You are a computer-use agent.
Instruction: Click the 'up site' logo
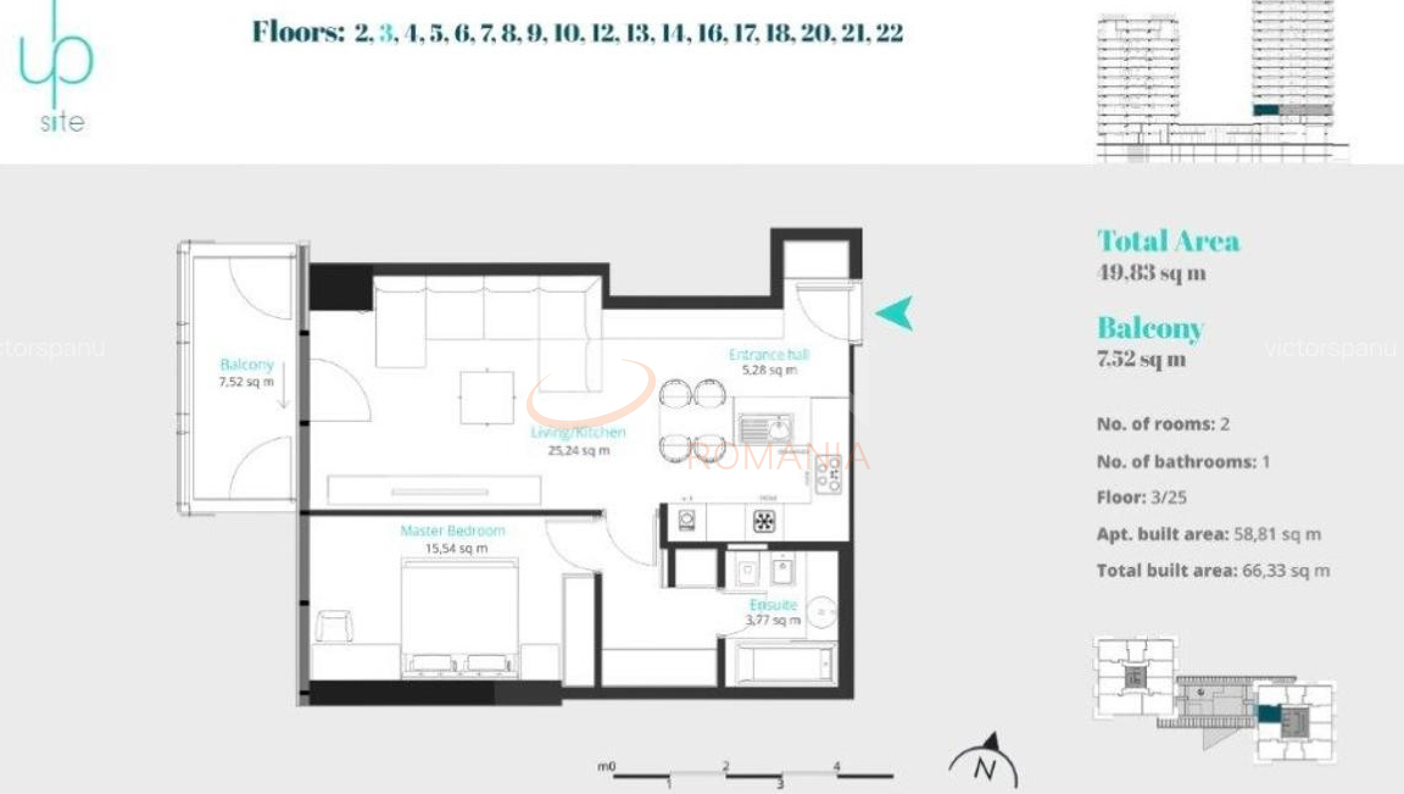(x=57, y=70)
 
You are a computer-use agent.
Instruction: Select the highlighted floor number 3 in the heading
(x=386, y=32)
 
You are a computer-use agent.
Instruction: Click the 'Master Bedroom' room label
(x=452, y=531)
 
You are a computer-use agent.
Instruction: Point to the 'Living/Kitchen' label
(x=578, y=432)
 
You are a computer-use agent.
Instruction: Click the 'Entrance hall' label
(x=768, y=354)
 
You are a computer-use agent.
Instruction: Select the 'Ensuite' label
(x=773, y=604)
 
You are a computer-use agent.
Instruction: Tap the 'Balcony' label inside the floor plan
(x=247, y=365)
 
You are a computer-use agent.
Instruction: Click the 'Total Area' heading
(x=1168, y=241)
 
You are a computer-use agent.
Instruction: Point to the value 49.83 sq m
(x=1151, y=273)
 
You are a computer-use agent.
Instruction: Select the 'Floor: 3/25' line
(x=1141, y=498)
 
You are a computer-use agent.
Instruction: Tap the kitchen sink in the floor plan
(x=766, y=429)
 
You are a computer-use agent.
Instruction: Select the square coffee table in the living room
(x=487, y=397)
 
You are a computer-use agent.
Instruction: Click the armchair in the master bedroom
(x=334, y=626)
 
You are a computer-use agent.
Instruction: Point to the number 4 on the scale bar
(x=837, y=766)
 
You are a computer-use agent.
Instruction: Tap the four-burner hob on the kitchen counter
(x=827, y=474)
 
